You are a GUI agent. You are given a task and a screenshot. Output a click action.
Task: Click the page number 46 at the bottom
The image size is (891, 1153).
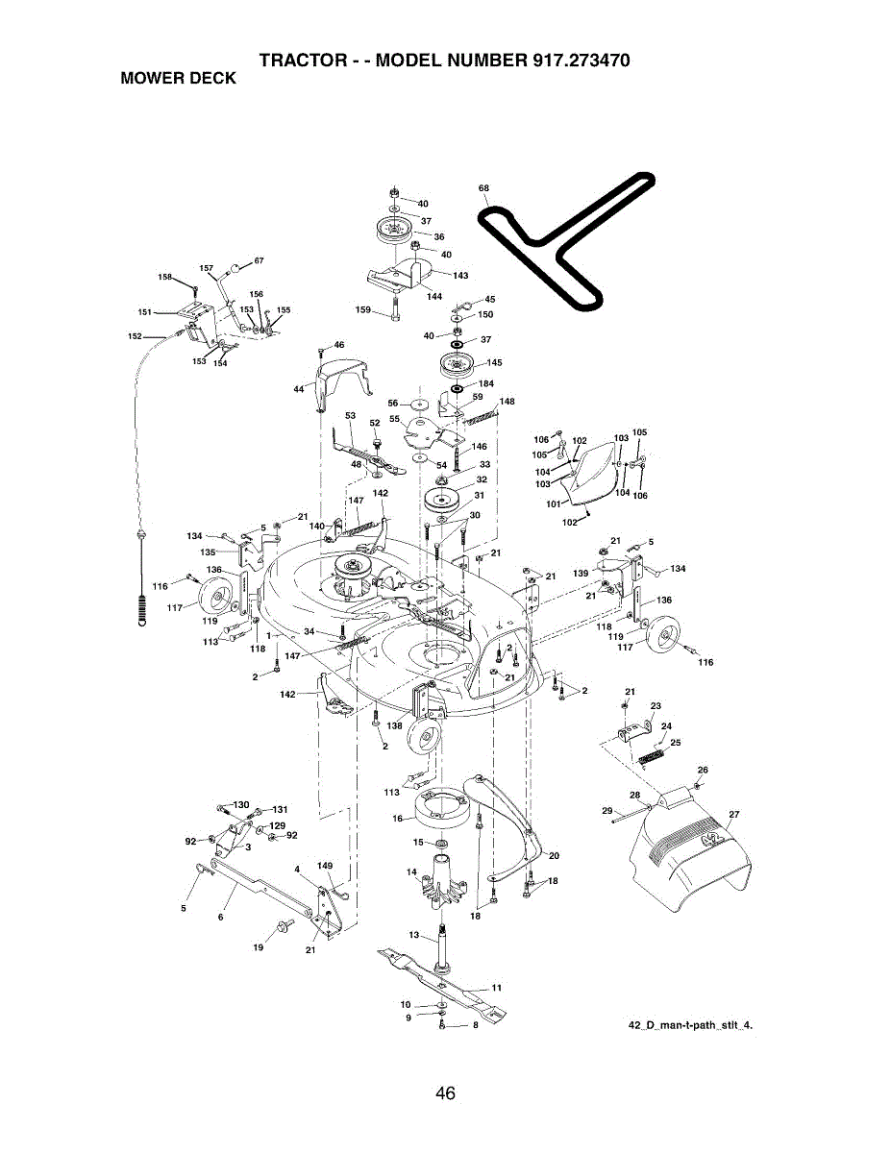point(444,1093)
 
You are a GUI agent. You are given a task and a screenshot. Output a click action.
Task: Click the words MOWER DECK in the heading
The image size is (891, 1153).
point(178,79)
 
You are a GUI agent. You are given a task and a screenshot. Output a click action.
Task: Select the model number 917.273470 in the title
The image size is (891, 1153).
point(580,61)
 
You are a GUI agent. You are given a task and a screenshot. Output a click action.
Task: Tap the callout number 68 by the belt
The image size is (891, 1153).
point(483,187)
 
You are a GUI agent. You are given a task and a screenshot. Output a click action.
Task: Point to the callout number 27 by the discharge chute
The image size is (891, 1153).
point(734,815)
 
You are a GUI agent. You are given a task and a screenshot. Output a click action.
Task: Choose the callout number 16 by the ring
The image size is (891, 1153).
point(398,820)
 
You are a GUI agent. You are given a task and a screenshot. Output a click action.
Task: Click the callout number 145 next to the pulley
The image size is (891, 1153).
point(494,363)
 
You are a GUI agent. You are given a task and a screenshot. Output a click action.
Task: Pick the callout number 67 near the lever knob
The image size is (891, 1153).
point(259,260)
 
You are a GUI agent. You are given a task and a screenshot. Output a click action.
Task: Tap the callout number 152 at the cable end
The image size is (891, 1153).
point(135,336)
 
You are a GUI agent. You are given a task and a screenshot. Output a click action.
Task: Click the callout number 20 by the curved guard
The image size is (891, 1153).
point(554,855)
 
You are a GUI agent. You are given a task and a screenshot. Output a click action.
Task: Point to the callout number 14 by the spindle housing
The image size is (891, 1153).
point(411,872)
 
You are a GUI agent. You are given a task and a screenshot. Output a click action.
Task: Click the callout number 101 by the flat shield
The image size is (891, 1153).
point(554,503)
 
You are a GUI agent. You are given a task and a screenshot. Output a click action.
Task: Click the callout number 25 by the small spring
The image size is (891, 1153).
point(676,743)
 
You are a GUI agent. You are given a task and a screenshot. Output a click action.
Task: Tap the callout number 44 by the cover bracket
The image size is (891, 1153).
point(299,389)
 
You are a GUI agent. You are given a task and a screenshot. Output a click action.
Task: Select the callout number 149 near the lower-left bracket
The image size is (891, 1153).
point(325,866)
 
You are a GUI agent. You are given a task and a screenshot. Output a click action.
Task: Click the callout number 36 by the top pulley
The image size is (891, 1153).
point(439,236)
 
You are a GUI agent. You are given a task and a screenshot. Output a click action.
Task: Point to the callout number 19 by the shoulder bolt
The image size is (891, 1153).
point(258,947)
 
